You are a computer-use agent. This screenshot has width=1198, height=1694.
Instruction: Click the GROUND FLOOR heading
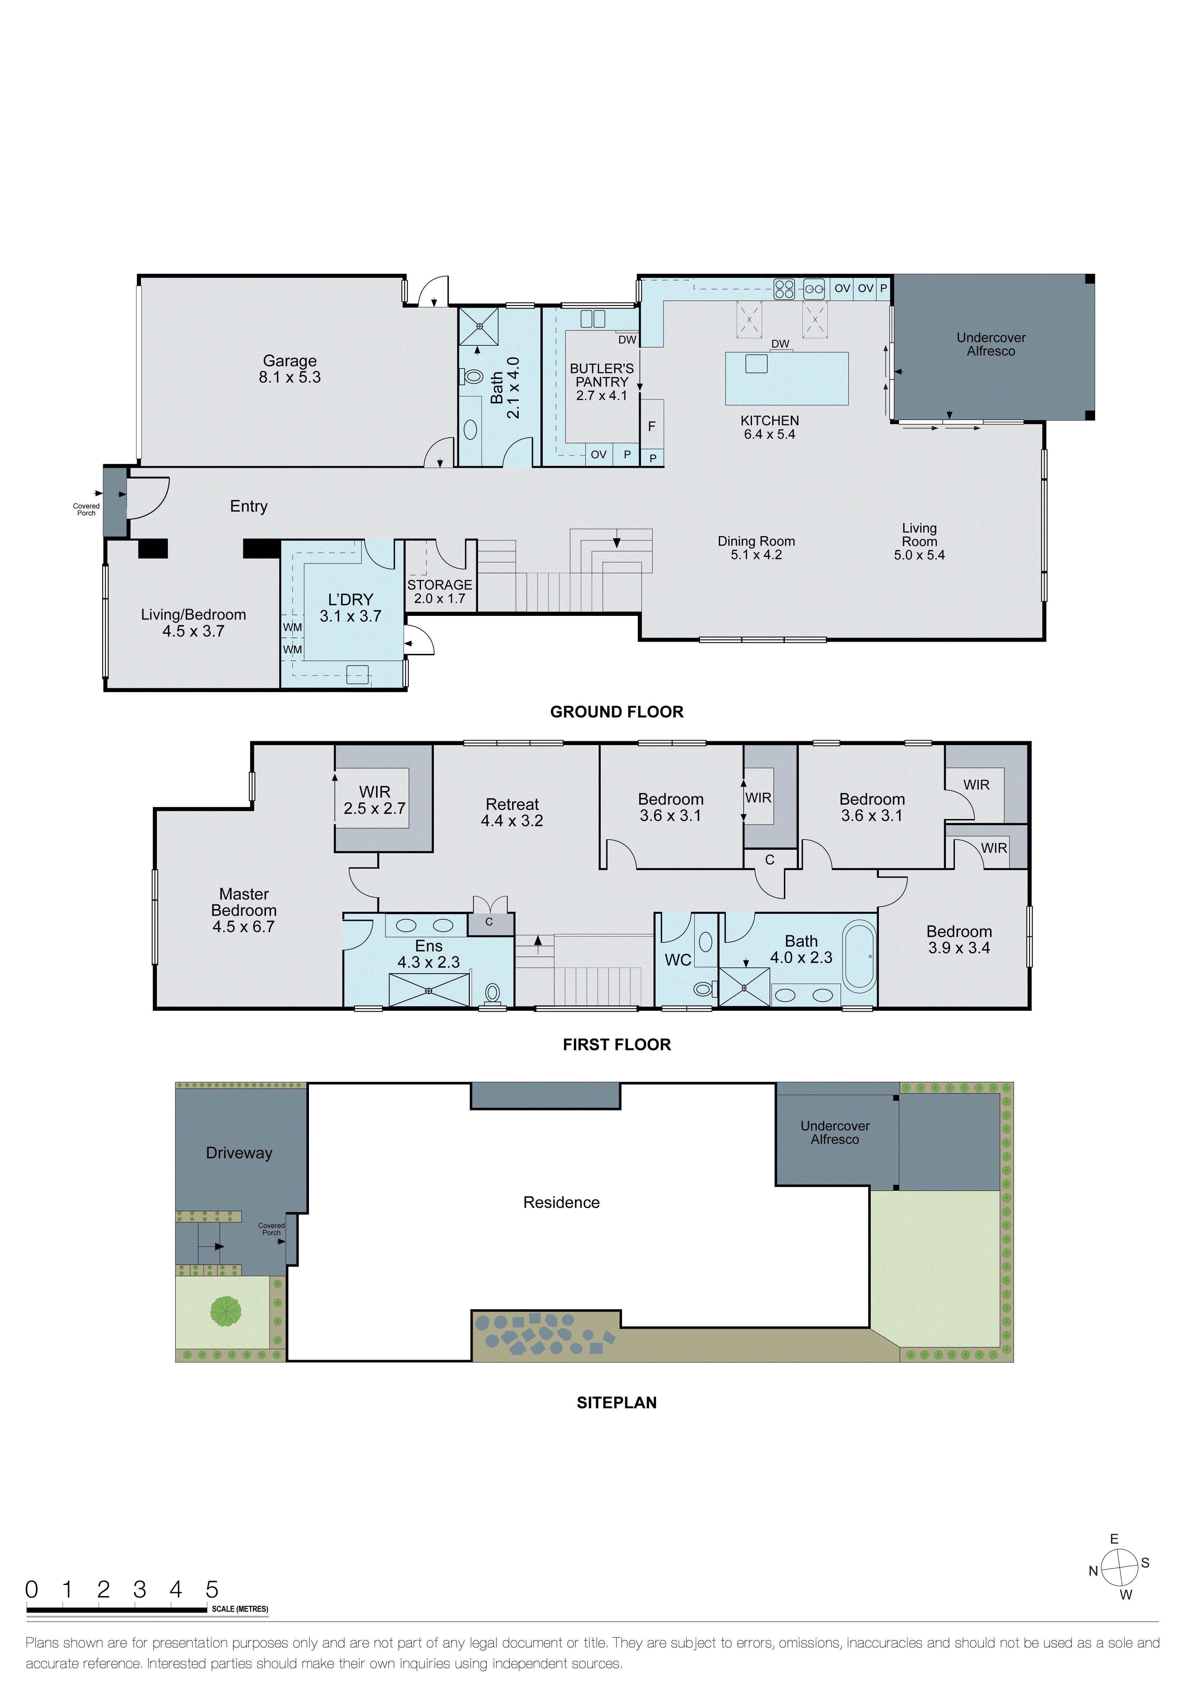(617, 712)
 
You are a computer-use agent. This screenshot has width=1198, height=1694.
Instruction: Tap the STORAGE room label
(440, 591)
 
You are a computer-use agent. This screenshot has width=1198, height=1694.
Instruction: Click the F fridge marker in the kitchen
(651, 426)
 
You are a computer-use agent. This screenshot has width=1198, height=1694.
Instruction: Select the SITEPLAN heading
(617, 1403)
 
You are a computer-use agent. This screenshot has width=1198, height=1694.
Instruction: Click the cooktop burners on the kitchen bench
(784, 288)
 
